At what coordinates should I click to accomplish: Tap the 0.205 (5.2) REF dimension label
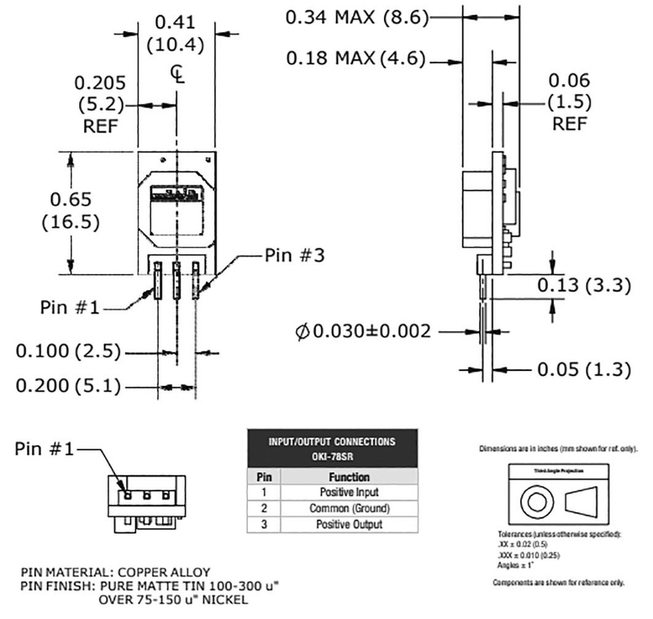[100, 104]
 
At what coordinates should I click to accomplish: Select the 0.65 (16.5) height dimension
[71, 211]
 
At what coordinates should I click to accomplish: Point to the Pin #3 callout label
[293, 255]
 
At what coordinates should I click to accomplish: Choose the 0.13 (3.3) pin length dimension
[583, 285]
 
